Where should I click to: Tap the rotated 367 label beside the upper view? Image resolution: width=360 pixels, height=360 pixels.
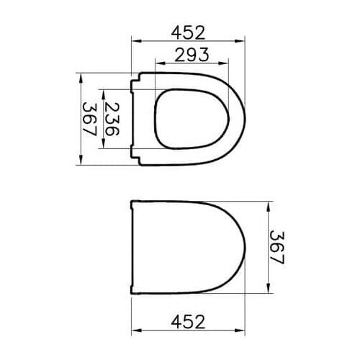pyautogui.click(x=89, y=120)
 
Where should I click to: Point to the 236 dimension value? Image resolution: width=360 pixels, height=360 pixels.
pyautogui.click(x=112, y=120)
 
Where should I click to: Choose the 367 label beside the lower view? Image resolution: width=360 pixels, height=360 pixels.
pyautogui.click(x=278, y=246)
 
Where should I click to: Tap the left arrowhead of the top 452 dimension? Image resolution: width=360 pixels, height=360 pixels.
pyautogui.click(x=133, y=42)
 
